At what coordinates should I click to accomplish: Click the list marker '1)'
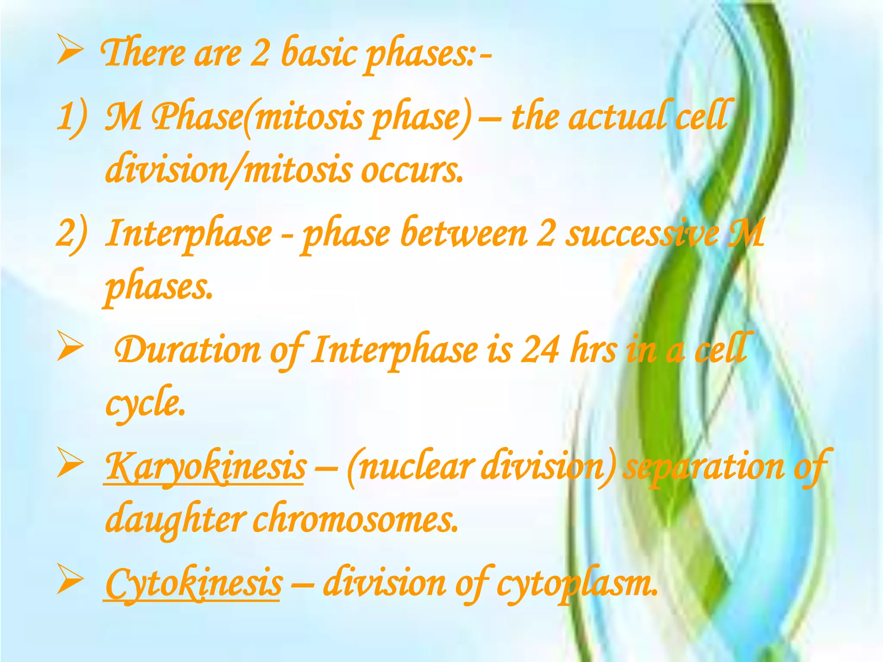[72, 117]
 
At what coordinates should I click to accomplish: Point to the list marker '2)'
[72, 234]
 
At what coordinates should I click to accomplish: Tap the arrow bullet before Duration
[70, 348]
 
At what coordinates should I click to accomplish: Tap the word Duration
[188, 350]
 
